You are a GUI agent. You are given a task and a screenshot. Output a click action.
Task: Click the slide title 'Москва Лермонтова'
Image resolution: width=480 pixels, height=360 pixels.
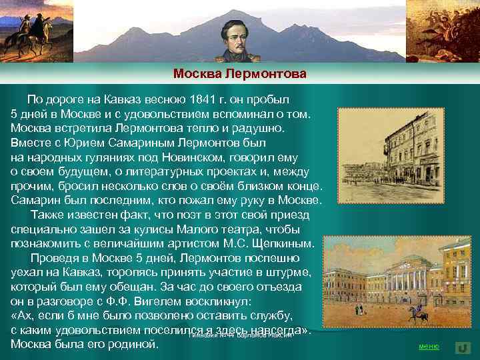(239, 73)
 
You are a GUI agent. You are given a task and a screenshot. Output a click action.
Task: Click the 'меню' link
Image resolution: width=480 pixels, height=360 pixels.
(428, 347)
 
